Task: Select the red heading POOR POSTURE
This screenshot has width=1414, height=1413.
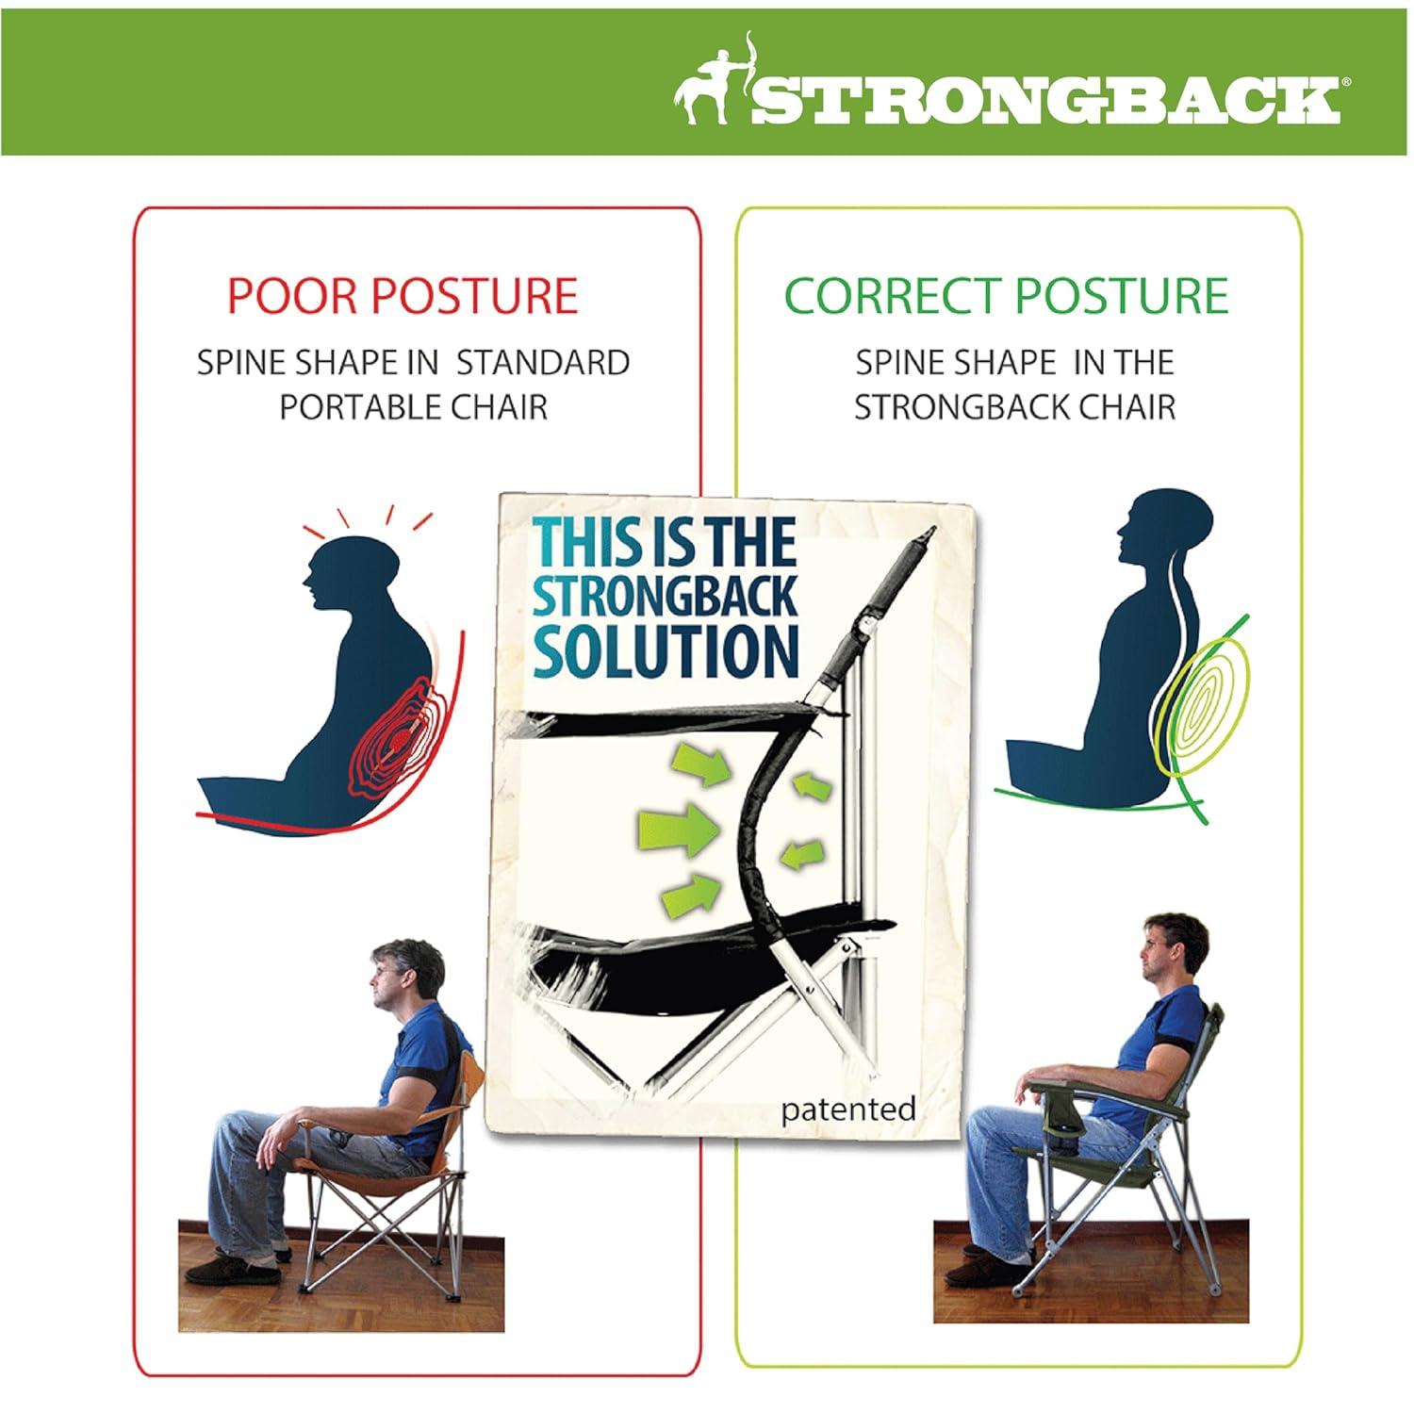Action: point(403,295)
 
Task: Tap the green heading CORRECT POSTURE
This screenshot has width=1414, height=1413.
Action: point(1006,295)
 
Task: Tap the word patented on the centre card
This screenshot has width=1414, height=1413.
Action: point(847,1109)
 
